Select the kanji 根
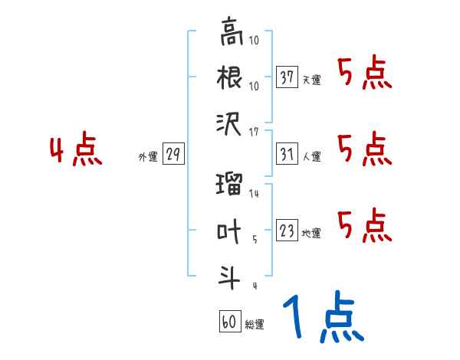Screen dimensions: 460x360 click(231, 78)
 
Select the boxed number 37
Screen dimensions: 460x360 click(287, 77)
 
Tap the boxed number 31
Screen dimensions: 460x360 click(287, 154)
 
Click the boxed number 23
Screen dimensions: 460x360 click(287, 231)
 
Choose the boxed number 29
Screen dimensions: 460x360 click(173, 155)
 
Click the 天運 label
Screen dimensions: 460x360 click(311, 80)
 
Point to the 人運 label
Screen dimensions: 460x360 click(311, 156)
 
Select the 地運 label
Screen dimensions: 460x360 click(311, 233)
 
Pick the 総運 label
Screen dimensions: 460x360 click(254, 324)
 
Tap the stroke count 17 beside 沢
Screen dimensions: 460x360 click(255, 133)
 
